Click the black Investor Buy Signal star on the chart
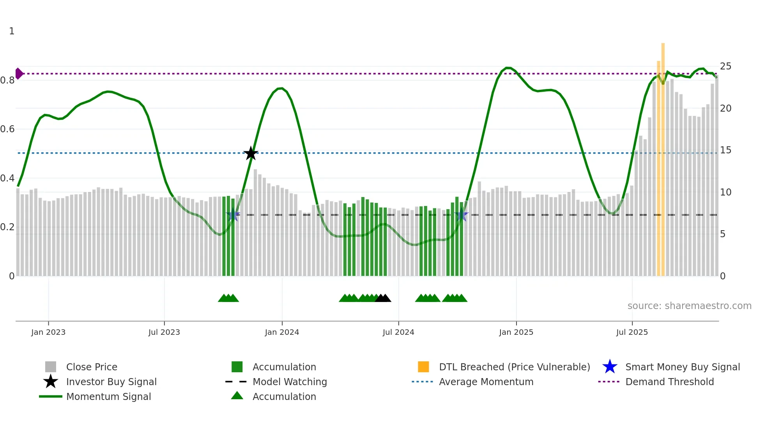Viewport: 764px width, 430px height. [x=251, y=153]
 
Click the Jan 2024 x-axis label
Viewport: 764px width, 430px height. [x=282, y=332]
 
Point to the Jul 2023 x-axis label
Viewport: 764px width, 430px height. [x=164, y=332]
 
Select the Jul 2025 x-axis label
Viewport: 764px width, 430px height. [x=632, y=332]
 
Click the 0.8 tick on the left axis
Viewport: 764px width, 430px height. [x=7, y=80]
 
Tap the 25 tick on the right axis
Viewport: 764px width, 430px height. [x=725, y=66]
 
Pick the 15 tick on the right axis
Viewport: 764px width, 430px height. [x=725, y=150]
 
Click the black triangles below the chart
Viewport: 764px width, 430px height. [x=383, y=299]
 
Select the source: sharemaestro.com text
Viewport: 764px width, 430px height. [x=689, y=306]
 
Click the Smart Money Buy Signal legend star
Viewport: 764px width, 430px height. [x=610, y=367]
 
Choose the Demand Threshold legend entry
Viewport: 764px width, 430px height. [x=669, y=382]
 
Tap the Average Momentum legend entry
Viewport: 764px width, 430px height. [x=486, y=382]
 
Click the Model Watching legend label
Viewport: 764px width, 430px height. [x=290, y=382]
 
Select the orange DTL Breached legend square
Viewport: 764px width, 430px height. [x=423, y=367]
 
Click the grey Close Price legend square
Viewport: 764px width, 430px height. [x=51, y=367]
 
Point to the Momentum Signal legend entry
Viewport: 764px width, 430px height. [x=108, y=397]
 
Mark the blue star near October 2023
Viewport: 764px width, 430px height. [x=233, y=215]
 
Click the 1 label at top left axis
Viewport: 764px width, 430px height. [x=12, y=31]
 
